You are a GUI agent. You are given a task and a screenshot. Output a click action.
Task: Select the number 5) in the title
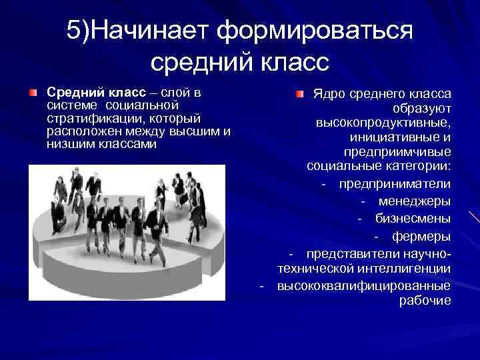(x=79, y=31)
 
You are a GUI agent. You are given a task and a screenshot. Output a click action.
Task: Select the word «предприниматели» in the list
(x=395, y=183)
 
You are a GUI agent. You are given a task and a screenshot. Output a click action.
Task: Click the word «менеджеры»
(x=415, y=201)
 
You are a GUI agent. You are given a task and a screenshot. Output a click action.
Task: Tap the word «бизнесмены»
(x=413, y=218)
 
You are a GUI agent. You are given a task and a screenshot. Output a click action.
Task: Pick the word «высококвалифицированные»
(x=364, y=285)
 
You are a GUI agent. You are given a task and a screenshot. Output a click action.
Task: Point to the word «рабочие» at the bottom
(x=425, y=301)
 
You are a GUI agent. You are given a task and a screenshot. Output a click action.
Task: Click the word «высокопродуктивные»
(x=384, y=123)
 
